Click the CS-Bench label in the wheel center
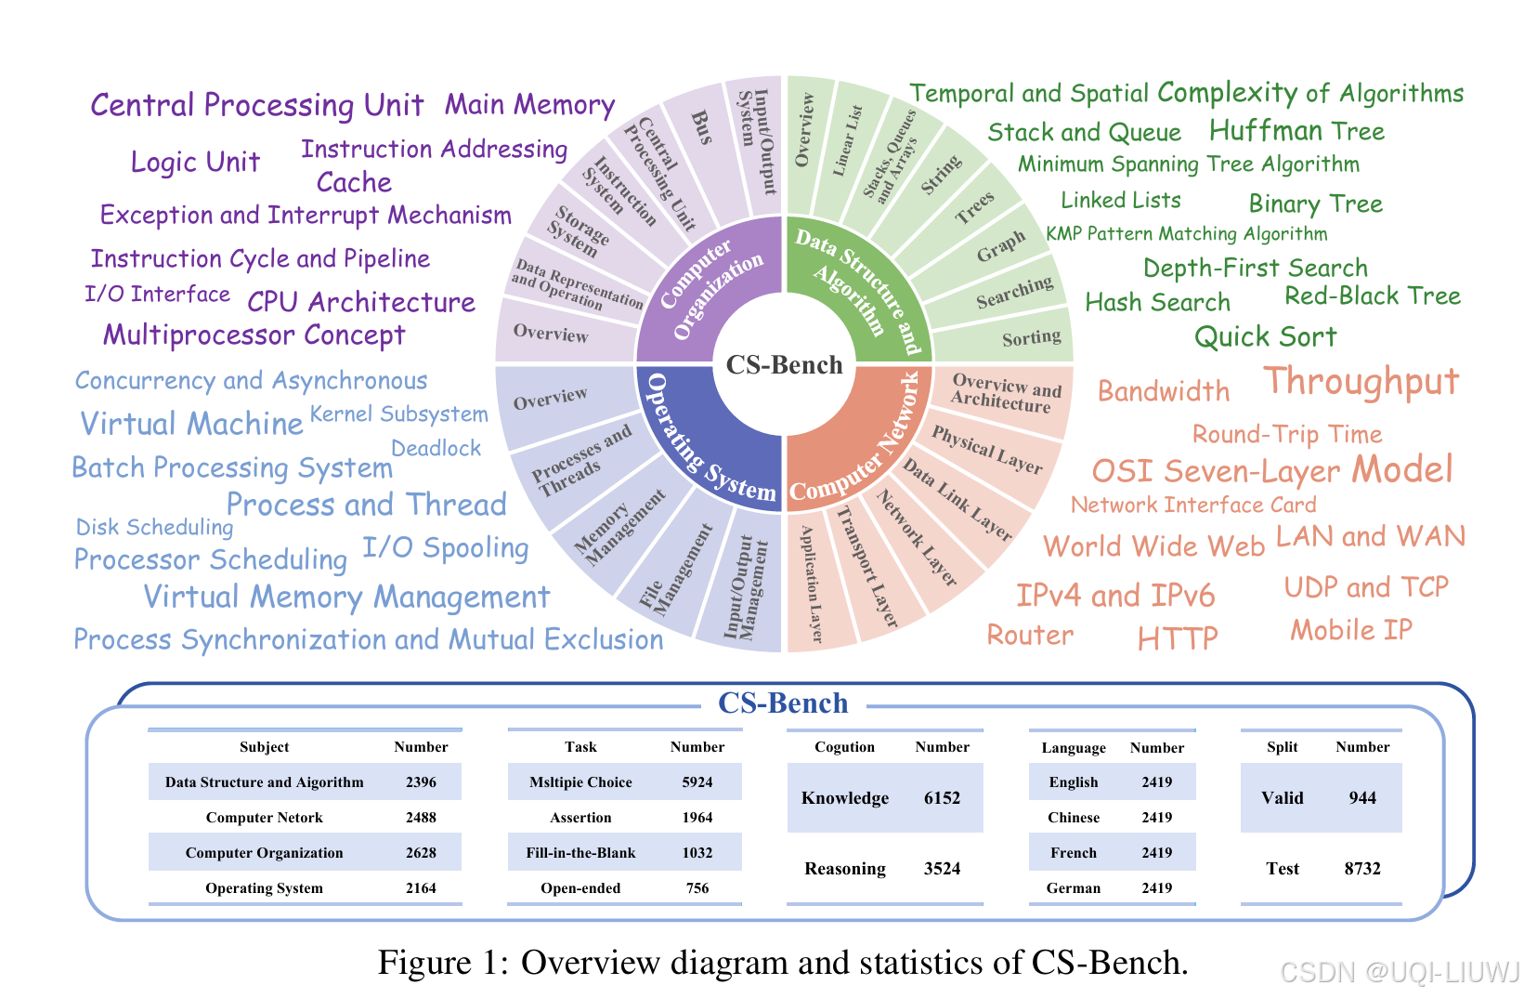(x=784, y=365)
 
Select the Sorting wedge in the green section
(x=1031, y=338)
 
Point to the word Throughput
(x=1361, y=382)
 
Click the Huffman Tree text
(x=1296, y=131)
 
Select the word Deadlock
(x=436, y=449)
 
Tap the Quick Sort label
(x=1265, y=336)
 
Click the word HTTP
(x=1177, y=638)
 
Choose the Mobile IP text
(x=1350, y=630)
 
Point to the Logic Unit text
(x=195, y=163)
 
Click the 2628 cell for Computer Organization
(x=421, y=853)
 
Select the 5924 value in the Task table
(x=697, y=782)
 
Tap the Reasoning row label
(x=844, y=869)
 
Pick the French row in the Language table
(x=1074, y=853)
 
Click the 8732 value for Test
(x=1362, y=869)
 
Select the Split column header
(x=1282, y=747)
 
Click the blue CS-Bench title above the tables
(x=783, y=703)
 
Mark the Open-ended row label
(x=580, y=888)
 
